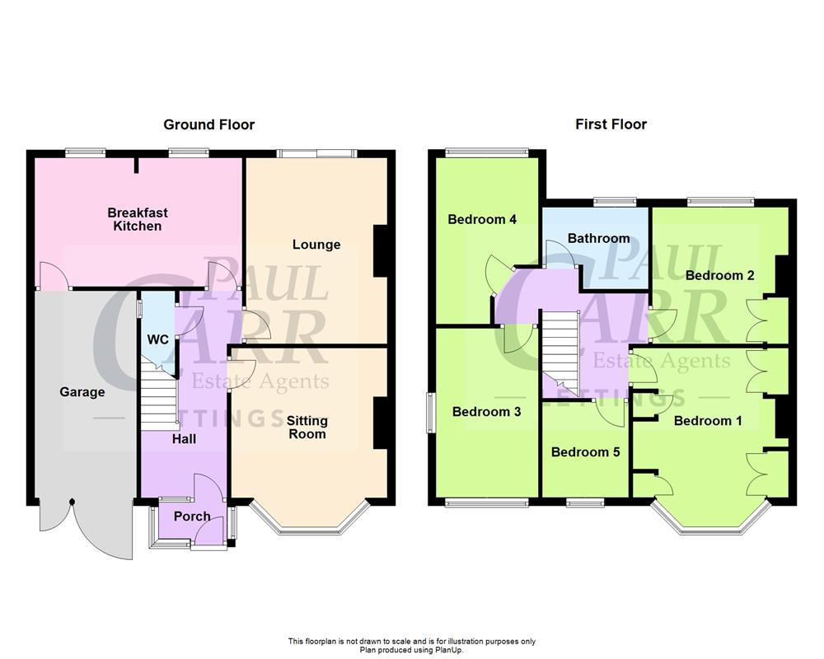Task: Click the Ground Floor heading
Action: tap(208, 124)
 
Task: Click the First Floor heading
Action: tap(611, 124)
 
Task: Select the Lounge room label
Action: tap(316, 245)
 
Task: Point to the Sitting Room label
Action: tap(307, 428)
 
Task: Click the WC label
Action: tap(157, 339)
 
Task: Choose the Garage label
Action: tap(82, 392)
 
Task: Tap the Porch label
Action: tap(192, 516)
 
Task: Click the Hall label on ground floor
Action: tap(184, 439)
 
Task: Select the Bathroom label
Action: tap(598, 238)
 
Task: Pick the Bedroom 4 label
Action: tap(482, 219)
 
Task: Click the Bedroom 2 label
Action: tap(719, 275)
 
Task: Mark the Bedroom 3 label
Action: tap(486, 412)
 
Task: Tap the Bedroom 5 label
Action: tap(585, 451)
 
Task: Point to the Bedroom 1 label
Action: tap(708, 420)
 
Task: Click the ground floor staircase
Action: tap(159, 397)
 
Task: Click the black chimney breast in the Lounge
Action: tap(381, 251)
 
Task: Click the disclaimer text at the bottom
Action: tap(411, 645)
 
